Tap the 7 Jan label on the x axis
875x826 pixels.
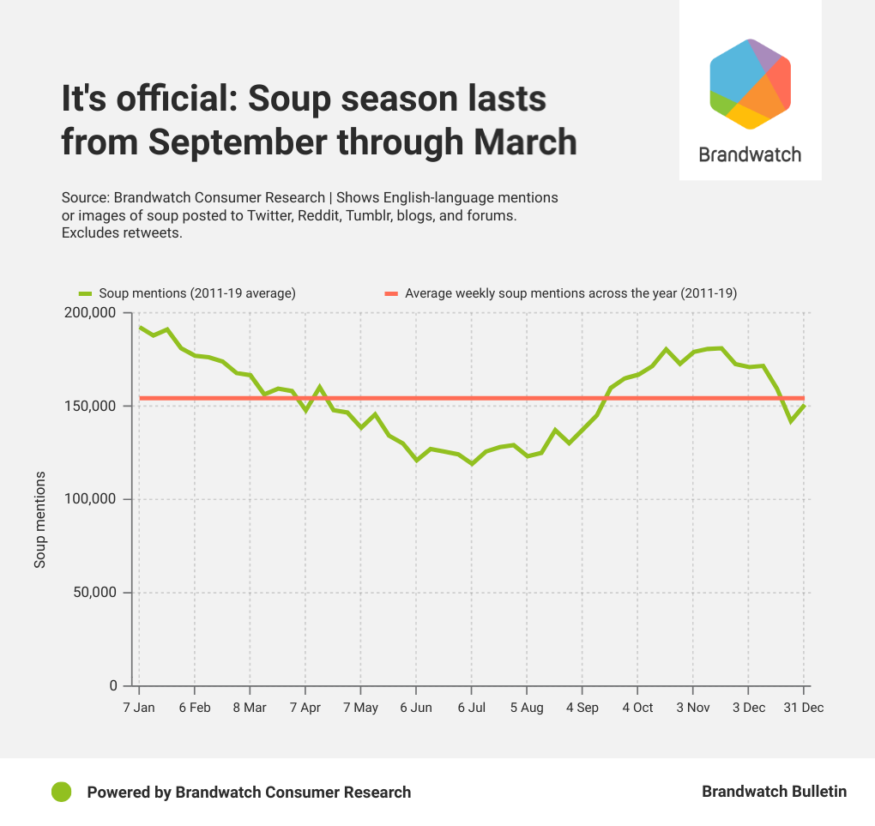point(139,708)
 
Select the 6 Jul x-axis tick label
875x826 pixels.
point(471,708)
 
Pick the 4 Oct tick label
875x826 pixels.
point(637,708)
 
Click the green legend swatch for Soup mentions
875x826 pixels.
point(85,293)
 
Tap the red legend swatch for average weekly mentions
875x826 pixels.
point(391,293)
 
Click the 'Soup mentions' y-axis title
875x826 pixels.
point(39,519)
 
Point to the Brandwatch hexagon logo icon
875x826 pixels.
point(750,84)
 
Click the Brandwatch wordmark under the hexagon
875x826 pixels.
point(750,154)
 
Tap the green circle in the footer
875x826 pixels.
point(61,792)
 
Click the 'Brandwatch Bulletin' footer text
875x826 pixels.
point(774,792)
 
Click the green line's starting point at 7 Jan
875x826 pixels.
point(140,327)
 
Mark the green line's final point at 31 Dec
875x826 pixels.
point(804,405)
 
